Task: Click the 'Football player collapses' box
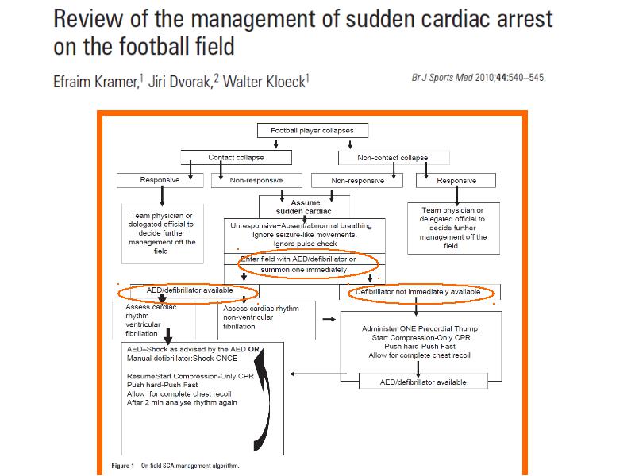[x=313, y=130]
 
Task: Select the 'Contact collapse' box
[x=236, y=157]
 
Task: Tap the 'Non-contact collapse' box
[x=394, y=158]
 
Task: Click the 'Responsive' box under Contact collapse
[x=160, y=180]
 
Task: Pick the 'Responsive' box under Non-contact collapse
[x=456, y=181]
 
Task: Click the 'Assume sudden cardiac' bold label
[x=304, y=207]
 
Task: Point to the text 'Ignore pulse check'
[x=305, y=244]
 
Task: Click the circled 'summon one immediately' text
[x=304, y=270]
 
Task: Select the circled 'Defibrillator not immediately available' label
[x=418, y=291]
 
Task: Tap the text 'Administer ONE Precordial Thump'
[x=420, y=328]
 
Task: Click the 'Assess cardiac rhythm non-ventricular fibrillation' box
[x=267, y=320]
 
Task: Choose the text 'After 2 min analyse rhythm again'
[x=182, y=403]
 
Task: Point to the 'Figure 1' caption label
[x=123, y=466]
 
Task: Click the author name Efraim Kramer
[x=96, y=82]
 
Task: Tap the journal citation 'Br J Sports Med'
[x=442, y=77]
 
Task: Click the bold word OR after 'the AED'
[x=253, y=349]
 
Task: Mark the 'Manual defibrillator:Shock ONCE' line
[x=183, y=359]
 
